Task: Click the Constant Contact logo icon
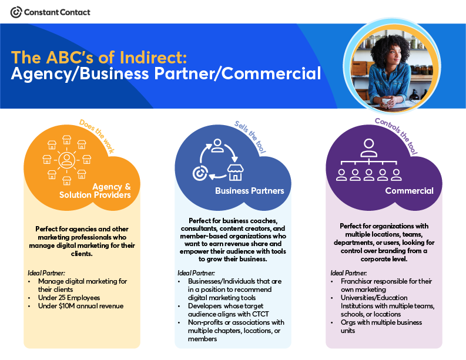[x=16, y=12]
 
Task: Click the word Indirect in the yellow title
[x=153, y=58]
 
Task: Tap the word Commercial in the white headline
[x=271, y=73]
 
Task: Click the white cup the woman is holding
[x=385, y=102]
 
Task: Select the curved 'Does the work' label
[x=96, y=136]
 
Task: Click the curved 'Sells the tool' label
[x=250, y=137]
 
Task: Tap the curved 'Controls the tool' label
[x=396, y=136]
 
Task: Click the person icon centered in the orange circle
[x=66, y=160]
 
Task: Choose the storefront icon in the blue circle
[x=236, y=172]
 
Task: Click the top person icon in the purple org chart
[x=369, y=147]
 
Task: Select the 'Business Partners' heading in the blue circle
[x=250, y=191]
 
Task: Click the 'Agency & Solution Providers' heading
[x=95, y=191]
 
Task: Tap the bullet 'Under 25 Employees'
[x=69, y=298]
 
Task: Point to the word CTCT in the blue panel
[x=260, y=314]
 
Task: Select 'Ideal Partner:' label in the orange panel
[x=46, y=273]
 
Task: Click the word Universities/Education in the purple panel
[x=374, y=298]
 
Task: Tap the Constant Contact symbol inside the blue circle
[x=200, y=173]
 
